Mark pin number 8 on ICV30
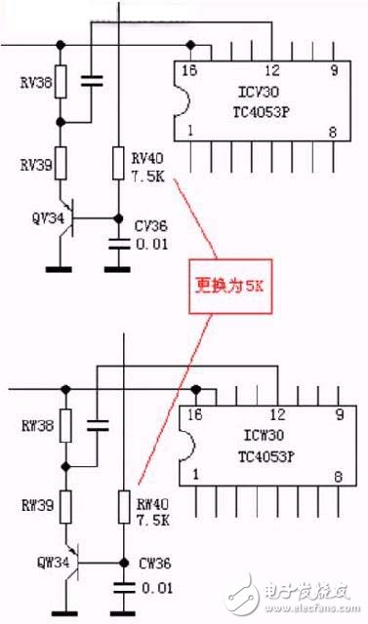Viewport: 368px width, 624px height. (332, 132)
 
